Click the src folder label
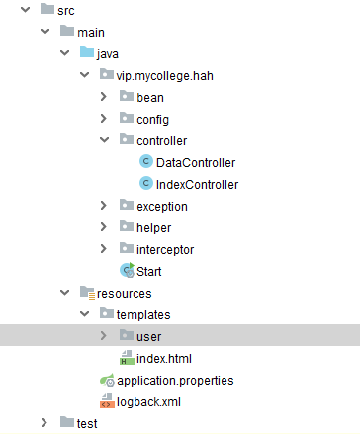pos(66,10)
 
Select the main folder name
pos(91,31)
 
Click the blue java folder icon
pos(86,52)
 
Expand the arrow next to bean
pos(104,97)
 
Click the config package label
pos(152,119)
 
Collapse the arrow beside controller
pos(104,140)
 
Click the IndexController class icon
pos(146,184)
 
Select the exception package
pos(161,206)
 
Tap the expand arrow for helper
pos(104,227)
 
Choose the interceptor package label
pos(165,249)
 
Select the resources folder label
pos(124,294)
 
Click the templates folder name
pos(143,315)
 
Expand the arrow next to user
pos(104,337)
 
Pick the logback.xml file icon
pos(108,402)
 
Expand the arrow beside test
pos(45,423)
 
